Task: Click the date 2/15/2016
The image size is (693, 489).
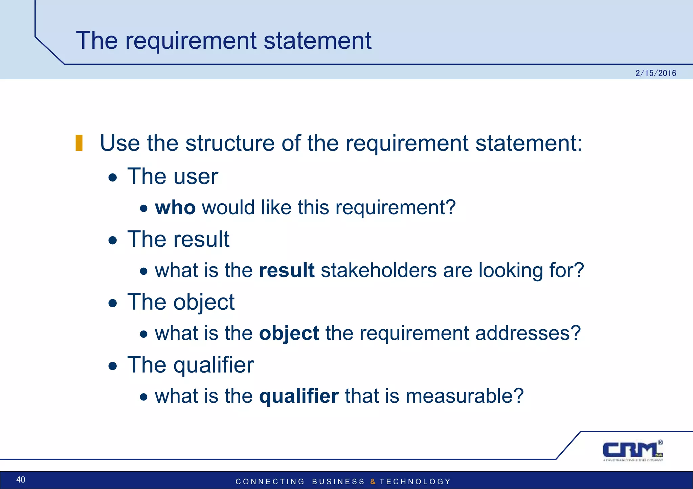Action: (x=655, y=73)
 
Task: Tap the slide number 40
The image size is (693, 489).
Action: (x=21, y=480)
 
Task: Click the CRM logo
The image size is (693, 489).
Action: (x=632, y=450)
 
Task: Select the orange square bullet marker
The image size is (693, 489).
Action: (x=79, y=143)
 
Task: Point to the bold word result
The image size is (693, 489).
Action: (x=287, y=270)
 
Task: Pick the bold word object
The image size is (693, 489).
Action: (x=289, y=333)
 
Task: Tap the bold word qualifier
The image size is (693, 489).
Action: (x=299, y=396)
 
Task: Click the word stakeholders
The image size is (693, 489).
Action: (x=379, y=270)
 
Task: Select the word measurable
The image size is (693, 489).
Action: (x=464, y=396)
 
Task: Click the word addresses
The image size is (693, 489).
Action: (x=528, y=333)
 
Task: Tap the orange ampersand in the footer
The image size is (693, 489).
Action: (x=373, y=482)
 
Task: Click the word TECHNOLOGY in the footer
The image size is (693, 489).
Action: (x=415, y=482)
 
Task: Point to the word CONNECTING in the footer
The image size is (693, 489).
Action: (x=270, y=482)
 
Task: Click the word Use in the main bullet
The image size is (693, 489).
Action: (x=120, y=143)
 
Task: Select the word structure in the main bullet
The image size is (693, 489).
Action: (x=230, y=143)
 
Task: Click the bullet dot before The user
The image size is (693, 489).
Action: (x=113, y=178)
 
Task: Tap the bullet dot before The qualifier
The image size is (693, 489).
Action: (x=113, y=366)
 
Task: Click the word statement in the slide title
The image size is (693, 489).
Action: (x=317, y=41)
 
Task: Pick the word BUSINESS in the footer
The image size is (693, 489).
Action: (x=338, y=482)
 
